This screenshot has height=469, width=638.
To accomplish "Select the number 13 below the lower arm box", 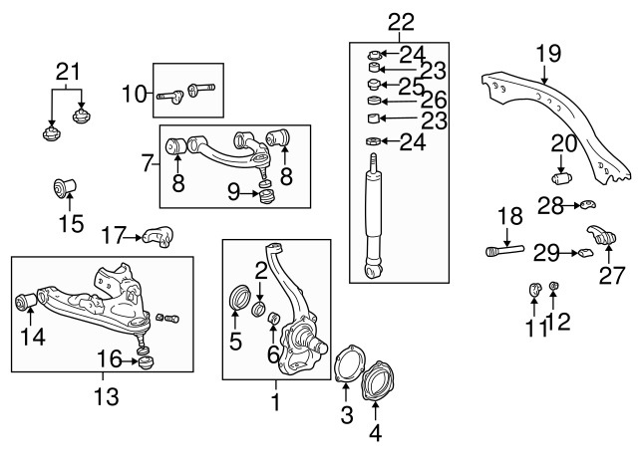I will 106,397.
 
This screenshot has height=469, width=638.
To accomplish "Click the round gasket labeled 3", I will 344,362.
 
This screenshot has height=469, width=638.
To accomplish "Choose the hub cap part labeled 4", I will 377,384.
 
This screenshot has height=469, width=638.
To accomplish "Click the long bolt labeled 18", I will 506,251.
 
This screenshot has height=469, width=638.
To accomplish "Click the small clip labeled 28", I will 587,205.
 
